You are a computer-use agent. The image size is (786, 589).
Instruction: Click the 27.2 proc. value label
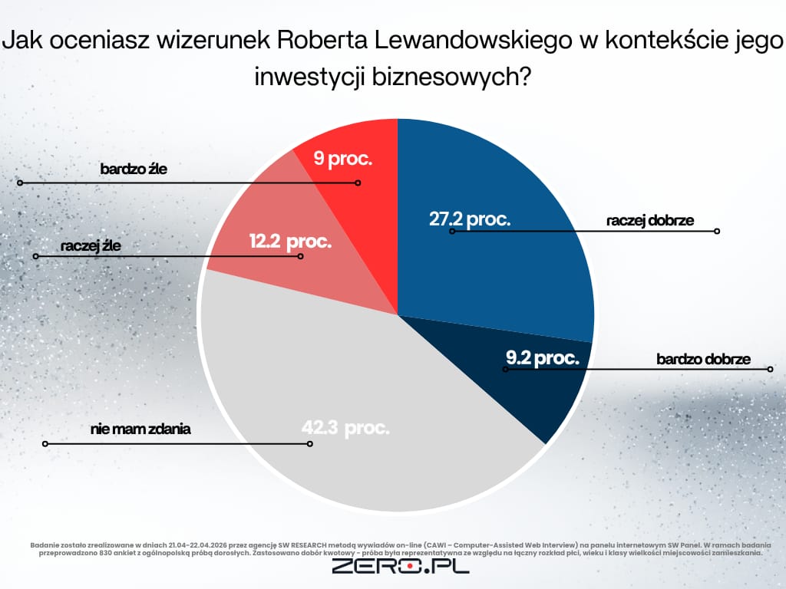(469, 219)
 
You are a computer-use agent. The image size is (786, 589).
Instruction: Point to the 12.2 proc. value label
(290, 242)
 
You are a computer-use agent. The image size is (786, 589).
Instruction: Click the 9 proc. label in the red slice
(344, 160)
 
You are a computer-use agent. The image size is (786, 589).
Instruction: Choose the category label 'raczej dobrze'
(649, 221)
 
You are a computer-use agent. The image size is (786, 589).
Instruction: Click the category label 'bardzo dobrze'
(702, 358)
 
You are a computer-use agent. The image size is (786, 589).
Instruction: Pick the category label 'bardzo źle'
(134, 169)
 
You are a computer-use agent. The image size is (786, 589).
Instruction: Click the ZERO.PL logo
(400, 567)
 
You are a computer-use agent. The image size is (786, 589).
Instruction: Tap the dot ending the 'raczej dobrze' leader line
(717, 231)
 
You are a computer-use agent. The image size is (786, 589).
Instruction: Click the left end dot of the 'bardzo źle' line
(21, 183)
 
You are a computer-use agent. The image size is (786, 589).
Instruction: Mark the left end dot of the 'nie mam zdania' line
(45, 443)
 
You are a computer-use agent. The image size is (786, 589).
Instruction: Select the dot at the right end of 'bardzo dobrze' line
(769, 370)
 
